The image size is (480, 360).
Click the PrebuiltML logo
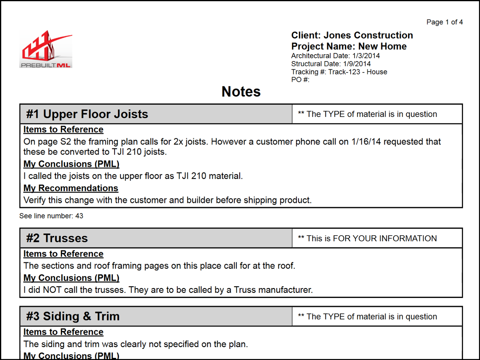pos(46,49)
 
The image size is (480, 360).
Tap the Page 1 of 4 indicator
pos(444,22)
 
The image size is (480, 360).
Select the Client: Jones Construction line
pos(352,35)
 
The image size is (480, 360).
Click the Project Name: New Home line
pos(349,46)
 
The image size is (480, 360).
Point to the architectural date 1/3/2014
pos(366,56)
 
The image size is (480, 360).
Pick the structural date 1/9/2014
pos(357,64)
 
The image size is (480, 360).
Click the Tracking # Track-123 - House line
pos(339,72)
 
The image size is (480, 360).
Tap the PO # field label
pos(300,80)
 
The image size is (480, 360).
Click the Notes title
pos(241,92)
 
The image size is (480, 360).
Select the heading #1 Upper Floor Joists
pos(87,114)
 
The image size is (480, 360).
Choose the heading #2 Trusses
pos(57,238)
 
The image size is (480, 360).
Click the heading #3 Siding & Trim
pos(73,316)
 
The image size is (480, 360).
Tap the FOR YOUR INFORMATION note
pos(371,238)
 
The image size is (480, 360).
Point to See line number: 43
pos(51,216)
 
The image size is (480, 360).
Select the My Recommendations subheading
pos(71,188)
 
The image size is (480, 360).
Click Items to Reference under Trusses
pos(63,254)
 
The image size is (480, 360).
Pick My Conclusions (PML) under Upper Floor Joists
pos(71,164)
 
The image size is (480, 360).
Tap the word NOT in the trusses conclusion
pos(52,290)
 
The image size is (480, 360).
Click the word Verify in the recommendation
pos(34,200)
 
